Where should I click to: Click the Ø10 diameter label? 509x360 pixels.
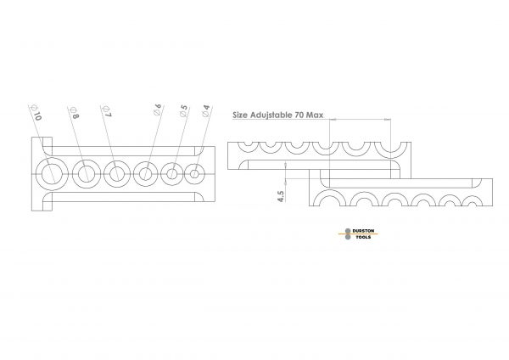click(36, 112)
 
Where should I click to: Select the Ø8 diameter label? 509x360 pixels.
click(74, 112)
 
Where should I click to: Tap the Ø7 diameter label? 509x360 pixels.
click(107, 111)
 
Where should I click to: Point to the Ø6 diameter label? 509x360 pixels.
click(158, 110)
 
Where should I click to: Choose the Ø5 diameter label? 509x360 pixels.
click(183, 110)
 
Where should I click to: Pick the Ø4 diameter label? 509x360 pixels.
click(206, 110)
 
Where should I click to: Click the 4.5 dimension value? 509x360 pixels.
click(281, 196)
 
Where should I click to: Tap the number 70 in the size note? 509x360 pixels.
click(299, 115)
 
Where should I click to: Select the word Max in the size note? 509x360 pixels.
click(315, 115)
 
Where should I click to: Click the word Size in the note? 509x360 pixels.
click(240, 115)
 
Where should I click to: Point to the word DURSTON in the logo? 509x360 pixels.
click(363, 231)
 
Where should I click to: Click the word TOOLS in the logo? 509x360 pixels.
click(363, 237)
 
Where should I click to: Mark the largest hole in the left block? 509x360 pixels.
click(52, 174)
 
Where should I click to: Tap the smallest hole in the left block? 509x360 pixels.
click(194, 174)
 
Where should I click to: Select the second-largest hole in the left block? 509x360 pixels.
click(86, 174)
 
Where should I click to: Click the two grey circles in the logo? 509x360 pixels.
click(348, 234)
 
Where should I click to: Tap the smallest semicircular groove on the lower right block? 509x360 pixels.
click(472, 201)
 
